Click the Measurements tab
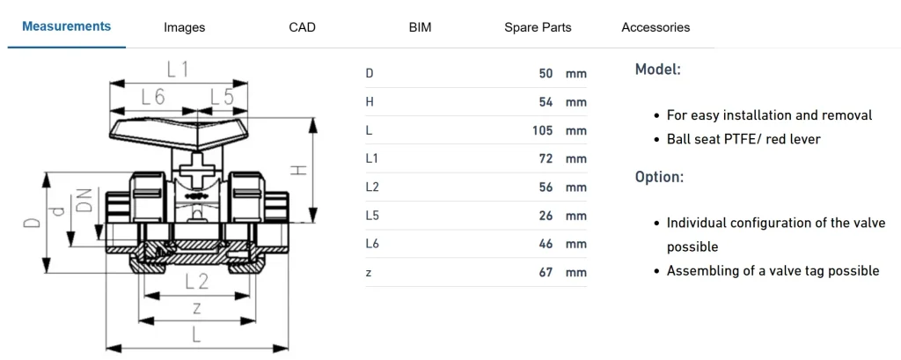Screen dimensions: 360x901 (x=67, y=26)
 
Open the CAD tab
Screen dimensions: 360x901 (x=302, y=27)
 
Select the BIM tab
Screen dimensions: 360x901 (x=421, y=27)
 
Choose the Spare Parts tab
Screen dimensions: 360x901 (x=538, y=27)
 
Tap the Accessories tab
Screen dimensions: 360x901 (x=656, y=27)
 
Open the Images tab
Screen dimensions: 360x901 (x=185, y=27)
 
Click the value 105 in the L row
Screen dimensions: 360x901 (x=543, y=130)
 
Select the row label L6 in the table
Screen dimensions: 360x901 (x=371, y=244)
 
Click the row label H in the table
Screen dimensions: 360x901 (x=370, y=102)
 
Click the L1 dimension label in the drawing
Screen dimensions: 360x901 (x=178, y=69)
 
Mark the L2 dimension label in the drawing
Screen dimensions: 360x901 (x=196, y=282)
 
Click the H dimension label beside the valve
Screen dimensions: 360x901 (x=300, y=165)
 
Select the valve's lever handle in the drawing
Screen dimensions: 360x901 (x=176, y=133)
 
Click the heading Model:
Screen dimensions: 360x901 (x=657, y=69)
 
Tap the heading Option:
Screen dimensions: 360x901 (x=659, y=177)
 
